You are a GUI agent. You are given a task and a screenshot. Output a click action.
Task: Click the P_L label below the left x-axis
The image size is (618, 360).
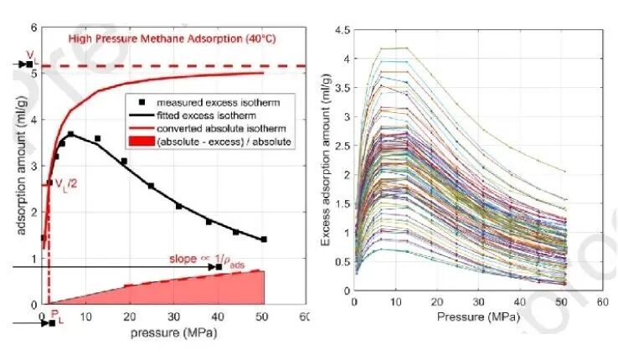click(x=57, y=316)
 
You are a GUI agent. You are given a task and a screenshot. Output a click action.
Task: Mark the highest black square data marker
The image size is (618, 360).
click(x=71, y=134)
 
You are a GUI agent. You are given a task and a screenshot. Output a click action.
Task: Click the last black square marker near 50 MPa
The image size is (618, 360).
click(x=264, y=239)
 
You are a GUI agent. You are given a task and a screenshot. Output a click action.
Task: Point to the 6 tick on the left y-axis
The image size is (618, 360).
click(x=33, y=28)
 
